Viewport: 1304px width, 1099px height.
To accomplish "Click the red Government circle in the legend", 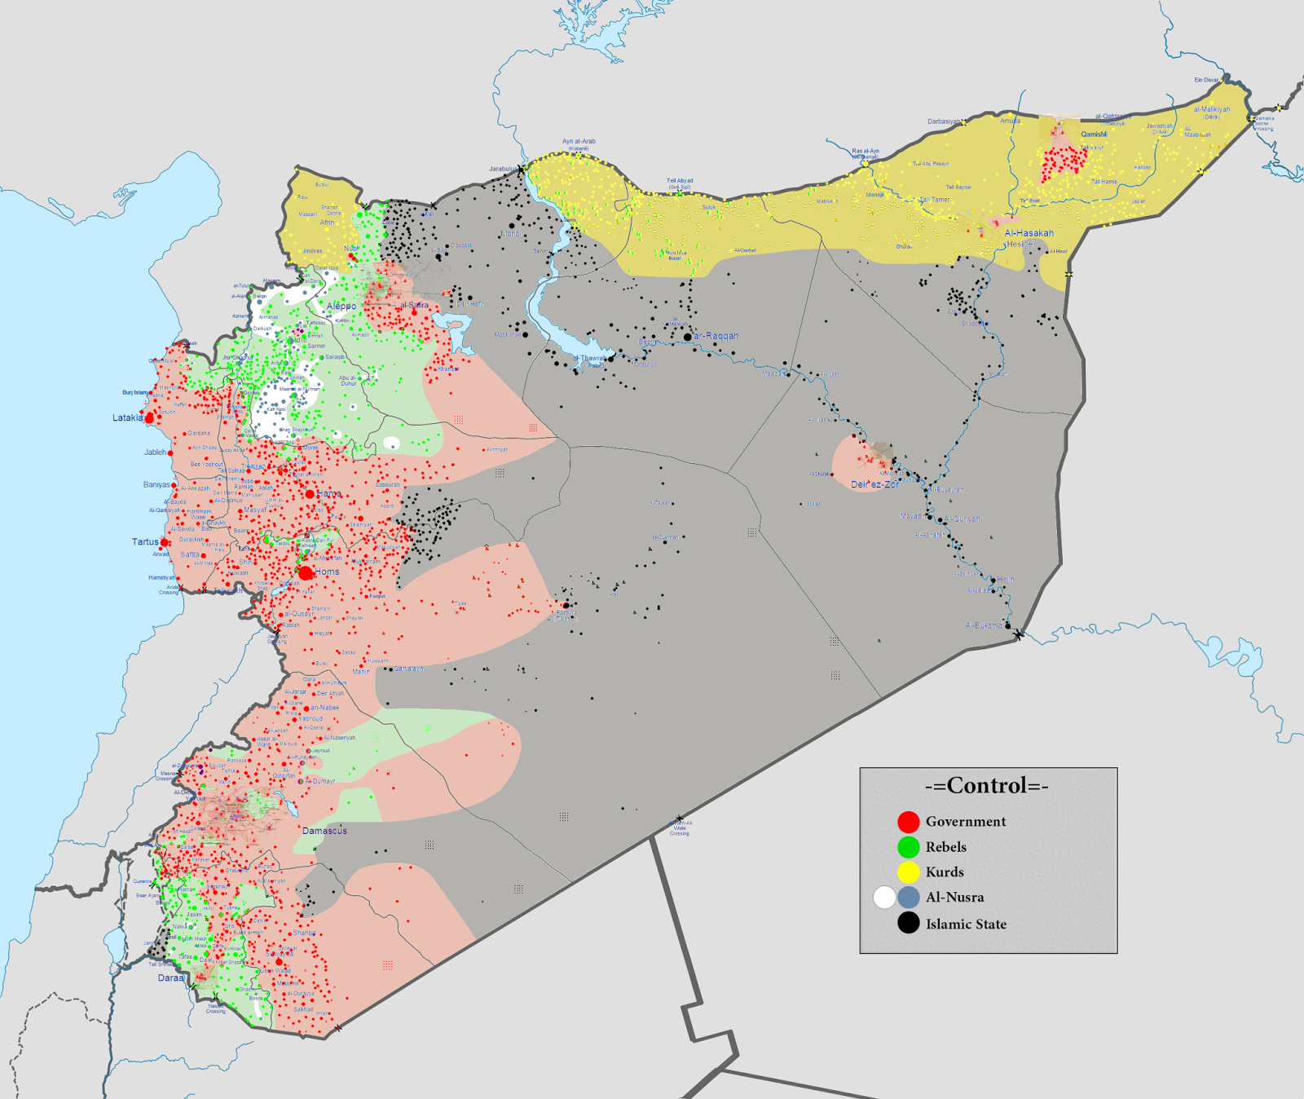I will pos(908,822).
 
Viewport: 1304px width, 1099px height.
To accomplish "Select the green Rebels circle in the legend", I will pos(908,847).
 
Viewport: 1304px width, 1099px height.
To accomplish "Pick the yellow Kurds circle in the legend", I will pos(908,872).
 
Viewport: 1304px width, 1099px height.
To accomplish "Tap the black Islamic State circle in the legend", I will pos(908,923).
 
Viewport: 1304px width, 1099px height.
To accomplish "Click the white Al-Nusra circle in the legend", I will pos(884,898).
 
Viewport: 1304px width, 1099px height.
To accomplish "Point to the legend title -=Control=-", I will pos(987,786).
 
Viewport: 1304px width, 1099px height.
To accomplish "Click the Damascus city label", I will pos(324,831).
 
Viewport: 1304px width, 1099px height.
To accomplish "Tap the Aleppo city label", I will pos(341,307).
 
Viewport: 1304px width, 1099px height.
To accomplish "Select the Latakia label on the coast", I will pos(127,417).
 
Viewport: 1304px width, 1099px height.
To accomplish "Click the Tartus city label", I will pos(145,541).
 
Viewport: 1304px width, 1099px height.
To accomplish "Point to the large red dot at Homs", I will pos(306,573).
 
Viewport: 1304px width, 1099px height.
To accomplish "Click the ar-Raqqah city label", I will pos(716,336).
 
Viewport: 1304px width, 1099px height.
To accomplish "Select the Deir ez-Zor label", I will pos(874,484).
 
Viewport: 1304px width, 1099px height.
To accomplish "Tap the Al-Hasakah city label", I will pos(1029,233).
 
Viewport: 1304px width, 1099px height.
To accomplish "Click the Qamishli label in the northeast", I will pos(1094,135).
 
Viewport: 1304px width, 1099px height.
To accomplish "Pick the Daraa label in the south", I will pos(170,978).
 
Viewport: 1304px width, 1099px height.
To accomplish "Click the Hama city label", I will pos(329,494).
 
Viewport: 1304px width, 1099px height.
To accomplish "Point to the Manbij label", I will pos(513,234).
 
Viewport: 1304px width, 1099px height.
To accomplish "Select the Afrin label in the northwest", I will pos(327,223).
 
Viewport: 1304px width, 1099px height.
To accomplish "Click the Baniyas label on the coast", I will pos(156,484).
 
